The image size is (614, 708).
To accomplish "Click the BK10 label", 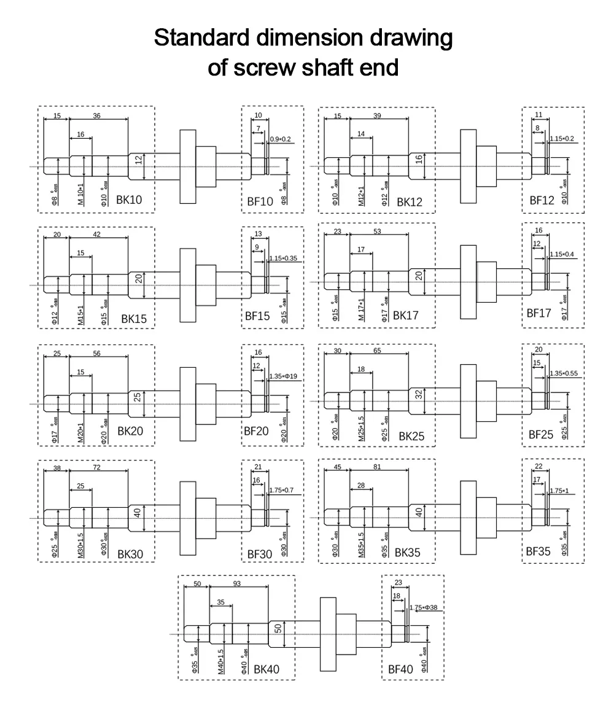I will (x=130, y=200).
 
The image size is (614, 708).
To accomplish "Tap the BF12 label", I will (x=542, y=200).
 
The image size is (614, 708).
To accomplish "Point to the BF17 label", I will (x=539, y=313).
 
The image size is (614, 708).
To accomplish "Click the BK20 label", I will (x=130, y=431).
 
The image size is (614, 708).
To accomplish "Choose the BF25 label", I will (x=541, y=435).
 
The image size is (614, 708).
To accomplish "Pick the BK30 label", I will (x=130, y=553).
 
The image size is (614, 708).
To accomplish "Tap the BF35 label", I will (x=538, y=551).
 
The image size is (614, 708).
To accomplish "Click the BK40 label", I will (x=266, y=669).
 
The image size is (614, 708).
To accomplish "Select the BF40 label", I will (x=400, y=670).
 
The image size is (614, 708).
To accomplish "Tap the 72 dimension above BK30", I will (x=97, y=468).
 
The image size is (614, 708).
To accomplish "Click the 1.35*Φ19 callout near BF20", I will (x=283, y=375).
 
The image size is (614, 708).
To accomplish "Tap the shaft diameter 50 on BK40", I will (x=278, y=629).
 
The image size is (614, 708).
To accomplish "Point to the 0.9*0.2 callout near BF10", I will (x=281, y=139).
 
